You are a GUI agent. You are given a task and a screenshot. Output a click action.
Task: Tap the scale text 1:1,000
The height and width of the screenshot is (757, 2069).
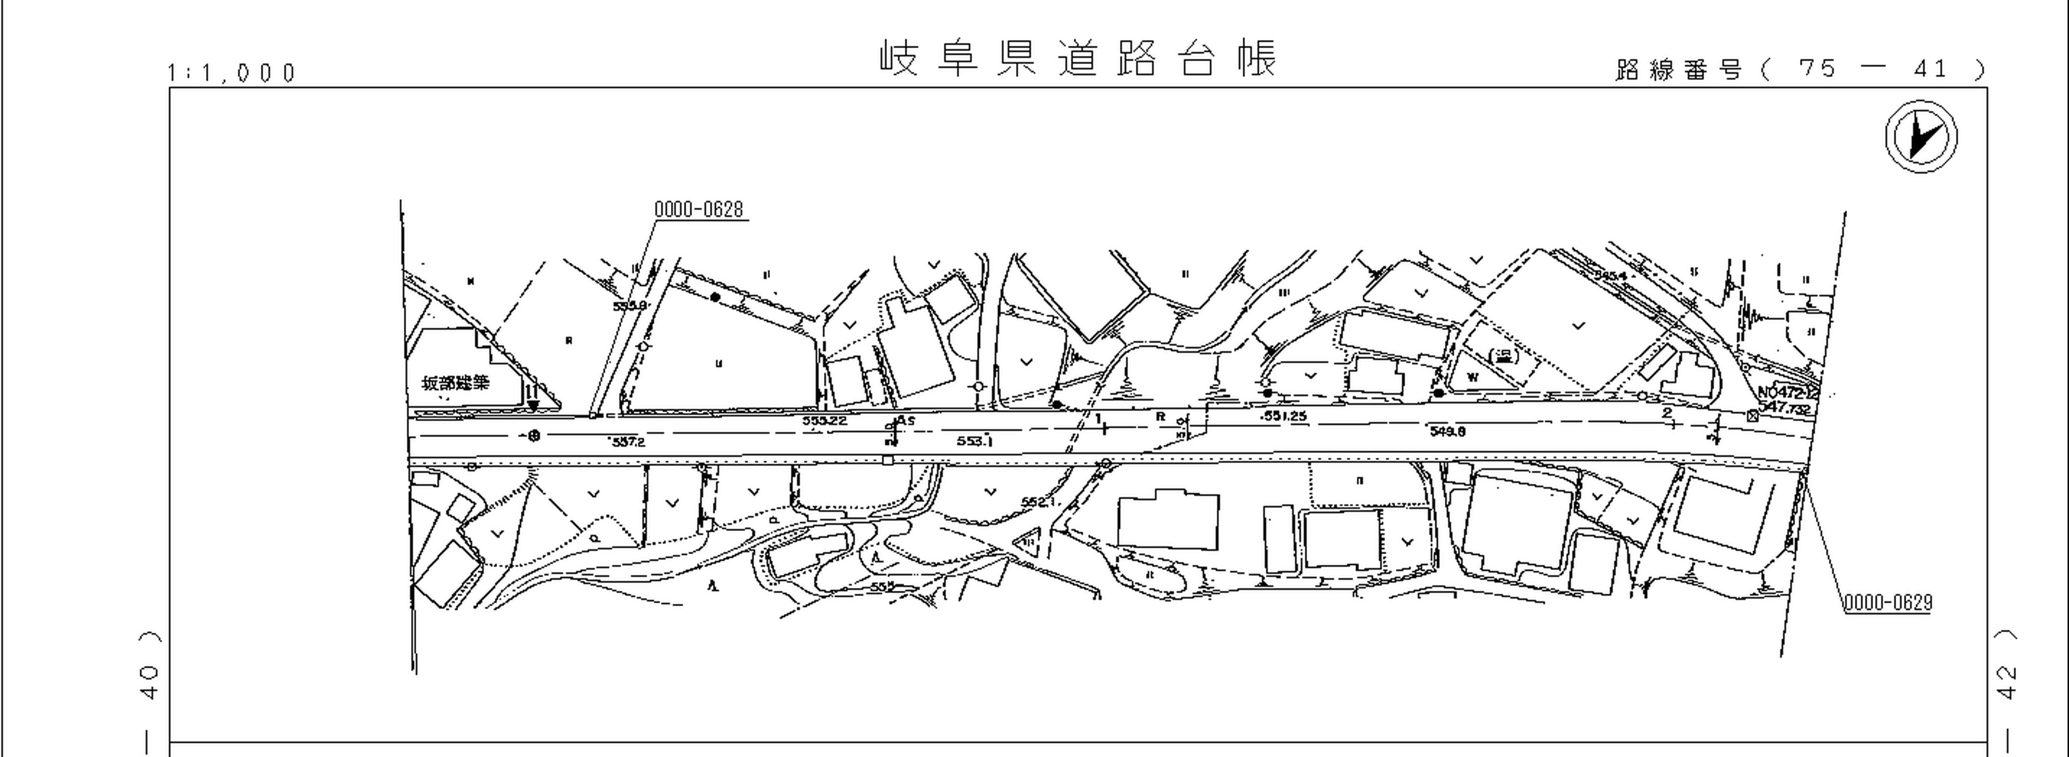pyautogui.click(x=232, y=73)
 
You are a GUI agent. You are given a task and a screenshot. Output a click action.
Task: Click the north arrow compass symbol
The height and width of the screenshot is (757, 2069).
pyautogui.click(x=1921, y=136)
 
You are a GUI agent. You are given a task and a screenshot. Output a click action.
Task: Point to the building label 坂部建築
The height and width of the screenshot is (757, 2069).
pyautogui.click(x=455, y=382)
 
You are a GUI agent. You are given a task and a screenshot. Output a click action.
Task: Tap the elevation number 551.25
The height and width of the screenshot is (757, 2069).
pyautogui.click(x=1284, y=416)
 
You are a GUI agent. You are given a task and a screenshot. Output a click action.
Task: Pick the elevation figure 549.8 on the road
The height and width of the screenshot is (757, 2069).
pyautogui.click(x=1447, y=431)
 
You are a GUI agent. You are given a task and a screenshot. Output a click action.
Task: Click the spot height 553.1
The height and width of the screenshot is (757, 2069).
pyautogui.click(x=974, y=441)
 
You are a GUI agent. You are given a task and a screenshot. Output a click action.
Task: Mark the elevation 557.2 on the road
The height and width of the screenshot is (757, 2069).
pyautogui.click(x=627, y=441)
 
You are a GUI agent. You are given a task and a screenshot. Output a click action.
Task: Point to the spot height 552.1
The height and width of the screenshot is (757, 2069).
pyautogui.click(x=1037, y=502)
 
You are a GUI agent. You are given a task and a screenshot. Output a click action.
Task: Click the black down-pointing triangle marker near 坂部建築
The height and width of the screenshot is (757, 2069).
pyautogui.click(x=532, y=406)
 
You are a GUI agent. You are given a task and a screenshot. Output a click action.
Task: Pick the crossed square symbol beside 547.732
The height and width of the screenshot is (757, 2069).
pyautogui.click(x=1752, y=415)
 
